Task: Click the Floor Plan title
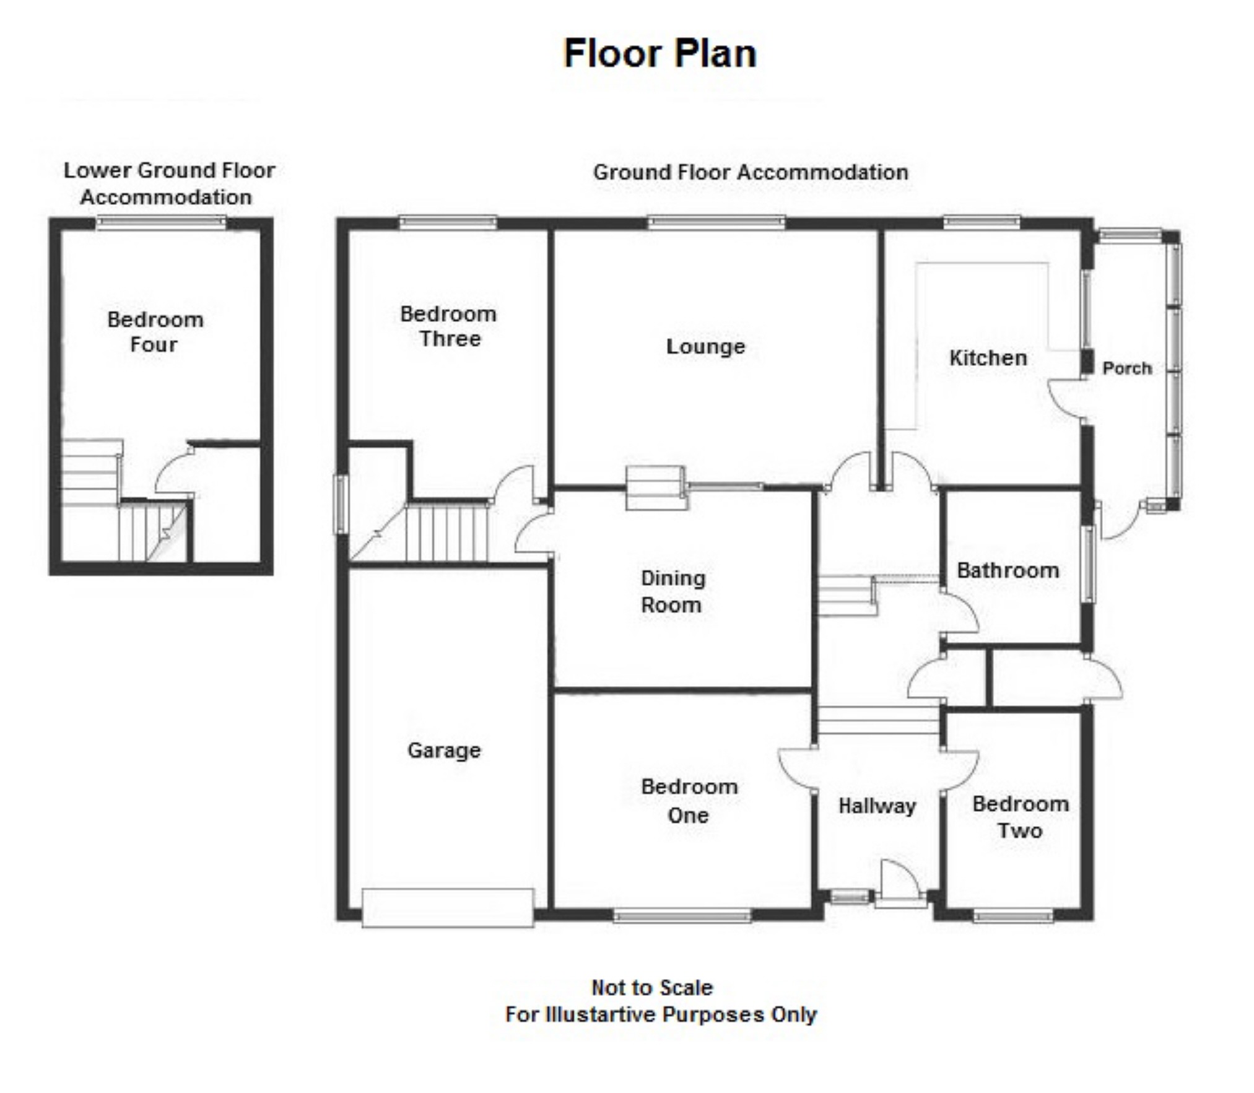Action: tap(660, 53)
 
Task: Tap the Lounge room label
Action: tap(705, 346)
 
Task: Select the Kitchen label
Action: tap(988, 357)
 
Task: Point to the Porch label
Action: tap(1127, 368)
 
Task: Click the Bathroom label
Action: tap(1008, 570)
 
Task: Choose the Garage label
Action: tap(444, 750)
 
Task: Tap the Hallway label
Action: tap(877, 806)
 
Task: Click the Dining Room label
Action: tap(673, 591)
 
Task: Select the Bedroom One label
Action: tap(689, 801)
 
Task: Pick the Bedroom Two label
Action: tap(1021, 817)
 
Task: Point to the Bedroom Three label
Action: tap(448, 326)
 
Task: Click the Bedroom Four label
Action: tap(155, 331)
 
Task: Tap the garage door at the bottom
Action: tap(448, 908)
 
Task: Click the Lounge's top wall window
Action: tap(716, 222)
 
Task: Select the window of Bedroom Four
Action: tap(162, 222)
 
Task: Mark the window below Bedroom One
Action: tap(682, 915)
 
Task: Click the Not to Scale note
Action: tap(652, 987)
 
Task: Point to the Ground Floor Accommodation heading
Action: tap(751, 172)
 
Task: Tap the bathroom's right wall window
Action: tap(1089, 564)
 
